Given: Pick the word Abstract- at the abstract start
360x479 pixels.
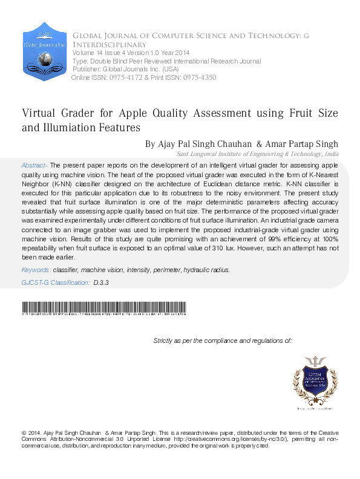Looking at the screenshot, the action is click(x=34, y=165).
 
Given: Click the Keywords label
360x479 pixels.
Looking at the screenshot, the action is click(x=36, y=270).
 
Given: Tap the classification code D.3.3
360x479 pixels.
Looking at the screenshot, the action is click(x=101, y=282).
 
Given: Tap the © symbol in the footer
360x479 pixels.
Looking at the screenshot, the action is click(x=24, y=433).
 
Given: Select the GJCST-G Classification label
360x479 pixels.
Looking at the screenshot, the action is click(x=55, y=282).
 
